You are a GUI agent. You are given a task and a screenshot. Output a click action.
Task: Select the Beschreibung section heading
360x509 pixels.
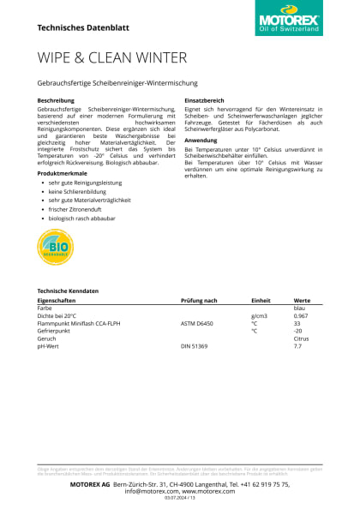[56, 101]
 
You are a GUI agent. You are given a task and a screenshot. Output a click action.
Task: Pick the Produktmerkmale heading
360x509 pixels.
[63, 173]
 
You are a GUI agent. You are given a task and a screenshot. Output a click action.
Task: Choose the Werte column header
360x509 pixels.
[302, 301]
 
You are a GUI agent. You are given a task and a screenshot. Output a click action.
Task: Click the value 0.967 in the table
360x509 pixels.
[301, 316]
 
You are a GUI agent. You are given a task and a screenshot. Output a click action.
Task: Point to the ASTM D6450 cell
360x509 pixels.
[198, 324]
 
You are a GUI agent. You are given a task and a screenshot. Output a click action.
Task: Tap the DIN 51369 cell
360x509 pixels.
[195, 346]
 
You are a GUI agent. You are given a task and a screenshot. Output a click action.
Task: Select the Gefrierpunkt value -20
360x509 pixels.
[298, 331]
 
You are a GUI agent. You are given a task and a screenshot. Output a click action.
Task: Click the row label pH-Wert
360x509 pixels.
[48, 346]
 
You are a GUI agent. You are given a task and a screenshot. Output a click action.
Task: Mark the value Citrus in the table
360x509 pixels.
[301, 338]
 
